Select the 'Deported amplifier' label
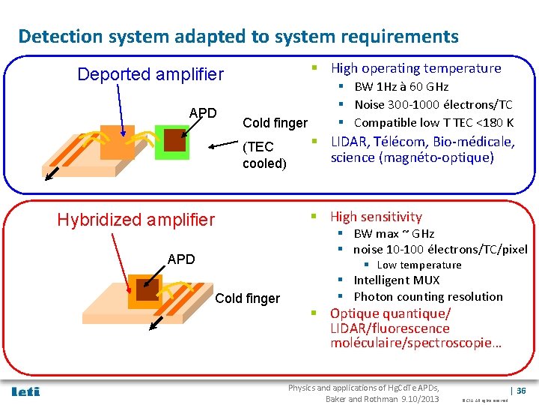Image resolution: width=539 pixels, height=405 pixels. click(x=150, y=74)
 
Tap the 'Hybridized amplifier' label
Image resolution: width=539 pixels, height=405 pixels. click(x=135, y=219)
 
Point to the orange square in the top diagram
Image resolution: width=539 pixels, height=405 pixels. click(x=118, y=140)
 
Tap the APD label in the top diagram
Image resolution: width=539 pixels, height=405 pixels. click(x=202, y=113)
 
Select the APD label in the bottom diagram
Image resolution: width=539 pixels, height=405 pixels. click(x=181, y=259)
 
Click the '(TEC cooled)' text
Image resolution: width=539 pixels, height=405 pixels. click(x=264, y=154)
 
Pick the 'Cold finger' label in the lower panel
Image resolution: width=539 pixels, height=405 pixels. click(x=247, y=298)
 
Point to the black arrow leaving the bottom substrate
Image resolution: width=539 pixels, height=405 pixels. click(x=155, y=323)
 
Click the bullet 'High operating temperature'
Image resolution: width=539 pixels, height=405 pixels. click(x=415, y=68)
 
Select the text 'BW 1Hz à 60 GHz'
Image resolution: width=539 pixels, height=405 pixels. click(x=401, y=87)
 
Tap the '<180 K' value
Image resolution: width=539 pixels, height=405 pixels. click(x=495, y=122)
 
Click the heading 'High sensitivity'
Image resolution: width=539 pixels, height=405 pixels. click(x=376, y=217)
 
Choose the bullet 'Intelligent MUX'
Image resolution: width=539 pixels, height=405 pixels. click(x=392, y=280)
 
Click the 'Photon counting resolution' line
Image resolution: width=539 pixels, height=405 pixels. click(x=428, y=296)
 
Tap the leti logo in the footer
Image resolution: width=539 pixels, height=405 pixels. click(x=26, y=391)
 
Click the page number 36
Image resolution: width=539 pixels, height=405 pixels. click(x=521, y=391)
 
